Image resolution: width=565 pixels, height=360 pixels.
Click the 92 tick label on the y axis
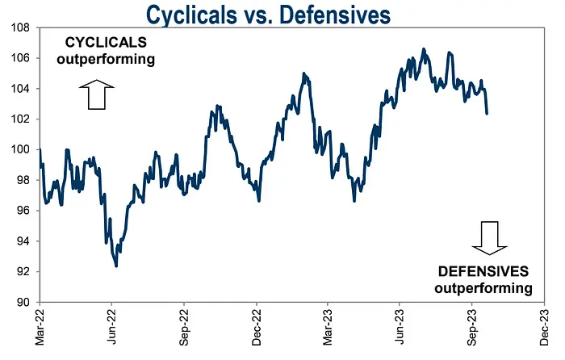point(22,271)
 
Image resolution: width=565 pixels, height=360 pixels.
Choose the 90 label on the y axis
point(22,302)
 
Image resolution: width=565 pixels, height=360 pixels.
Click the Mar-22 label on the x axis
point(39,328)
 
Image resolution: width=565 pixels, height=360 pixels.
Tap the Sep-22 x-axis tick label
point(184,328)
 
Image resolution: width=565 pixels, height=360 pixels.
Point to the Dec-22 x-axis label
point(257,328)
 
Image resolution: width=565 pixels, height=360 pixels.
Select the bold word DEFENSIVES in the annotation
point(483,272)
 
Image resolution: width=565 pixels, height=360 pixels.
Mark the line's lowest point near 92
point(117,266)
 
